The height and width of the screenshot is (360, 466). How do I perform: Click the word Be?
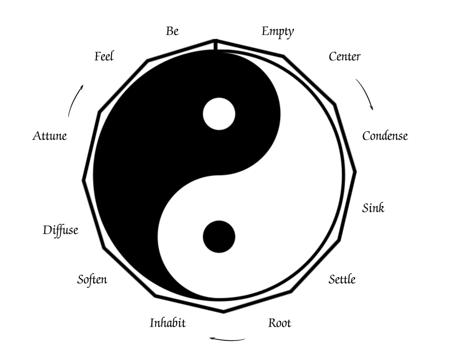(x=172, y=31)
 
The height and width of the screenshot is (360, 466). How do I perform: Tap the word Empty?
(x=278, y=32)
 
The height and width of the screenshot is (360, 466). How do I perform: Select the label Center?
(x=344, y=57)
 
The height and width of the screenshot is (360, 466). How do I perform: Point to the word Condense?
(x=385, y=136)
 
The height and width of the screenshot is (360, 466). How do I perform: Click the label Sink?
(x=373, y=208)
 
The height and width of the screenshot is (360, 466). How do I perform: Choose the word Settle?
(x=342, y=279)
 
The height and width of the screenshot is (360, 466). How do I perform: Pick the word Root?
(x=279, y=323)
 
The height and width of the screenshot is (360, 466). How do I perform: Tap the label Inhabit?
(x=167, y=323)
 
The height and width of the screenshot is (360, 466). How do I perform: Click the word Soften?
(x=92, y=279)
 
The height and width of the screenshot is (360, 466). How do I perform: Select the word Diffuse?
(x=61, y=230)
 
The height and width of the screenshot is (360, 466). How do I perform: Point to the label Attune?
(x=50, y=136)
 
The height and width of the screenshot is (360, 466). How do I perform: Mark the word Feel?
(x=104, y=57)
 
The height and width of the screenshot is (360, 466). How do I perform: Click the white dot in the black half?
(x=219, y=114)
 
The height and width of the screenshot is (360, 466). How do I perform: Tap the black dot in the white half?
(x=219, y=237)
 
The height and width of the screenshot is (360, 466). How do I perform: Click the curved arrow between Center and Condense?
(x=365, y=93)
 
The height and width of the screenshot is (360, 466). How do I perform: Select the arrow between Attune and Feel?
(x=75, y=100)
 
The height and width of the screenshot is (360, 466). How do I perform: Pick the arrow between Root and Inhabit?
(x=227, y=339)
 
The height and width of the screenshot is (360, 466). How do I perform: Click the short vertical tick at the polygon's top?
(x=215, y=45)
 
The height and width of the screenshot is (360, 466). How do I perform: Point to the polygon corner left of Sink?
(x=355, y=171)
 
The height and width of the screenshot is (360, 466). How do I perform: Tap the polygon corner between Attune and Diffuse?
(x=84, y=181)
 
